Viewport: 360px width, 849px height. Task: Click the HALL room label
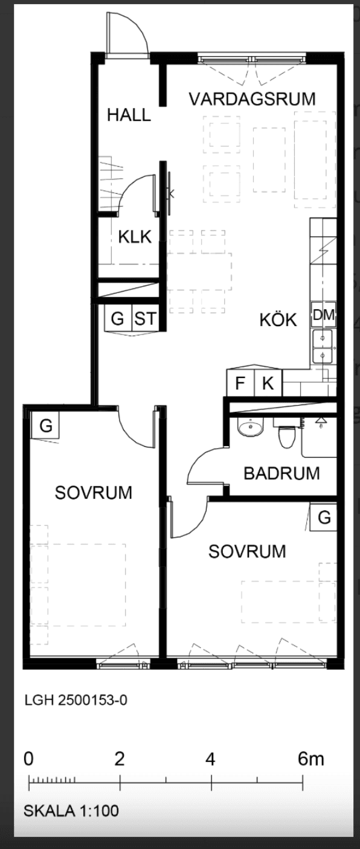(129, 115)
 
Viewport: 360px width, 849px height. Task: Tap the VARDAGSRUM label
(252, 99)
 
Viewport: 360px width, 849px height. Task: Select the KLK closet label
(135, 237)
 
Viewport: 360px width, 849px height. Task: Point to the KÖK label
(278, 320)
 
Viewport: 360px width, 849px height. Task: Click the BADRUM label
(281, 473)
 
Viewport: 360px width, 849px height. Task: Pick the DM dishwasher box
(323, 315)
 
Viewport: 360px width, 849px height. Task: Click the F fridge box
(240, 382)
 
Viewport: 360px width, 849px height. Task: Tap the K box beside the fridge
(268, 382)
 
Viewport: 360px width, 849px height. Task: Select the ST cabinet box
(145, 318)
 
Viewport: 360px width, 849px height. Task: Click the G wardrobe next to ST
(118, 318)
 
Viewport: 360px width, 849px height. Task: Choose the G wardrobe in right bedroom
(323, 517)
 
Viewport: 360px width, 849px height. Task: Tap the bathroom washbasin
(251, 428)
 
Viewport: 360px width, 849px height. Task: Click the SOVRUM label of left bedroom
(93, 493)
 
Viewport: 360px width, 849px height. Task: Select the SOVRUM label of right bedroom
(247, 551)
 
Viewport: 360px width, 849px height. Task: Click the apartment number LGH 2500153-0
(76, 700)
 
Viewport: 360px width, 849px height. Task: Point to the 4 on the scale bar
(210, 759)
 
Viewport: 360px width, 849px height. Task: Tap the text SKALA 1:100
(71, 811)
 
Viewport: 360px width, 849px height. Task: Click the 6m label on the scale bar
(310, 759)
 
